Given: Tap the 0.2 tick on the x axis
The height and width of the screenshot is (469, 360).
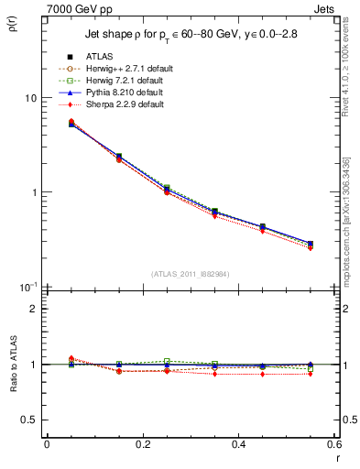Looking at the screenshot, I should pyautogui.click(x=142, y=444).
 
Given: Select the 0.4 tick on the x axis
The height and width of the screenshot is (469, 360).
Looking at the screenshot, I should pyautogui.click(x=238, y=444).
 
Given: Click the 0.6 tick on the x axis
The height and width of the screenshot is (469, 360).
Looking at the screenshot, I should pyautogui.click(x=333, y=444).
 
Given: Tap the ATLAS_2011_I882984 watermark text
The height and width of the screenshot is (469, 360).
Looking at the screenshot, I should pyautogui.click(x=191, y=273).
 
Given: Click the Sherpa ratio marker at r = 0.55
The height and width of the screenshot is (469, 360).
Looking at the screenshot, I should pyautogui.click(x=311, y=374).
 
